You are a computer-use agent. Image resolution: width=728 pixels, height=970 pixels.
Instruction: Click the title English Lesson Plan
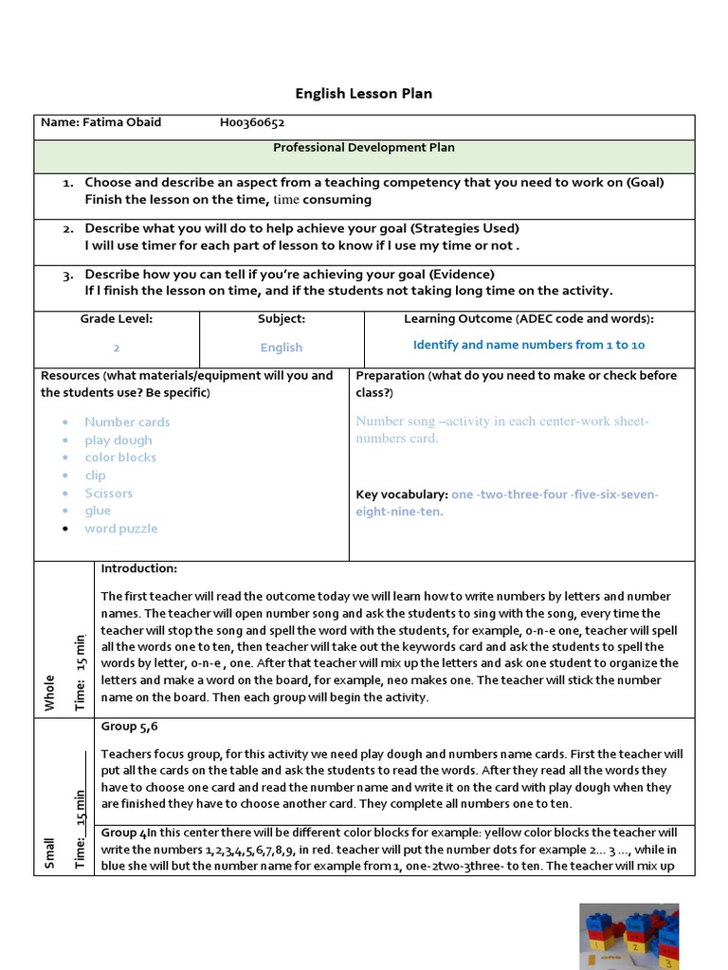364,93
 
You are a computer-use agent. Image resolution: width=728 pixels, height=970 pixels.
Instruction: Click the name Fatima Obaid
100,122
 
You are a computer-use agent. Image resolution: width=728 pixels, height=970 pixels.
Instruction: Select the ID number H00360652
252,122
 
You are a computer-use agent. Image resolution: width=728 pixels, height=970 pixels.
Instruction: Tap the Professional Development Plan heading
364,148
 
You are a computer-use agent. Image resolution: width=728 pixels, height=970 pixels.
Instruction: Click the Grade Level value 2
117,348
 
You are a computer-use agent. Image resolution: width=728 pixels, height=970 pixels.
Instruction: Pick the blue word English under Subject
282,348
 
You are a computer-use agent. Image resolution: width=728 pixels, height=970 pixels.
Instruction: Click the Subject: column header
282,319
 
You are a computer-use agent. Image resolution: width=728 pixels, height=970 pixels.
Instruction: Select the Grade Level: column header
117,319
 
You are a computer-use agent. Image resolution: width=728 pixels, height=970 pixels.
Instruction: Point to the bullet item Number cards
127,422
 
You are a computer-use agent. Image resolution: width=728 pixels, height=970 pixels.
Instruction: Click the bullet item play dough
118,440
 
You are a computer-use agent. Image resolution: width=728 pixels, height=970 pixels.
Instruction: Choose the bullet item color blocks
120,458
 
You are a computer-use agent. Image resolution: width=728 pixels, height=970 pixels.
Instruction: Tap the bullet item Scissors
108,494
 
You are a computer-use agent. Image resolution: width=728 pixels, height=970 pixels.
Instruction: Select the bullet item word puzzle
121,529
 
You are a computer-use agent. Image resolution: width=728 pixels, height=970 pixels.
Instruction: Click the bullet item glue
98,511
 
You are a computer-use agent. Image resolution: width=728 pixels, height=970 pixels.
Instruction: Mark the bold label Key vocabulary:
402,494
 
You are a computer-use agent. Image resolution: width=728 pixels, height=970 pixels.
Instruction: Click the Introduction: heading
139,568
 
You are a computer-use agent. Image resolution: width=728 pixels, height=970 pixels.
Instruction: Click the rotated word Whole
49,692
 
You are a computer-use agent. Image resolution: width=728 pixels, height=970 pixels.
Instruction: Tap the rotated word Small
49,853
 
